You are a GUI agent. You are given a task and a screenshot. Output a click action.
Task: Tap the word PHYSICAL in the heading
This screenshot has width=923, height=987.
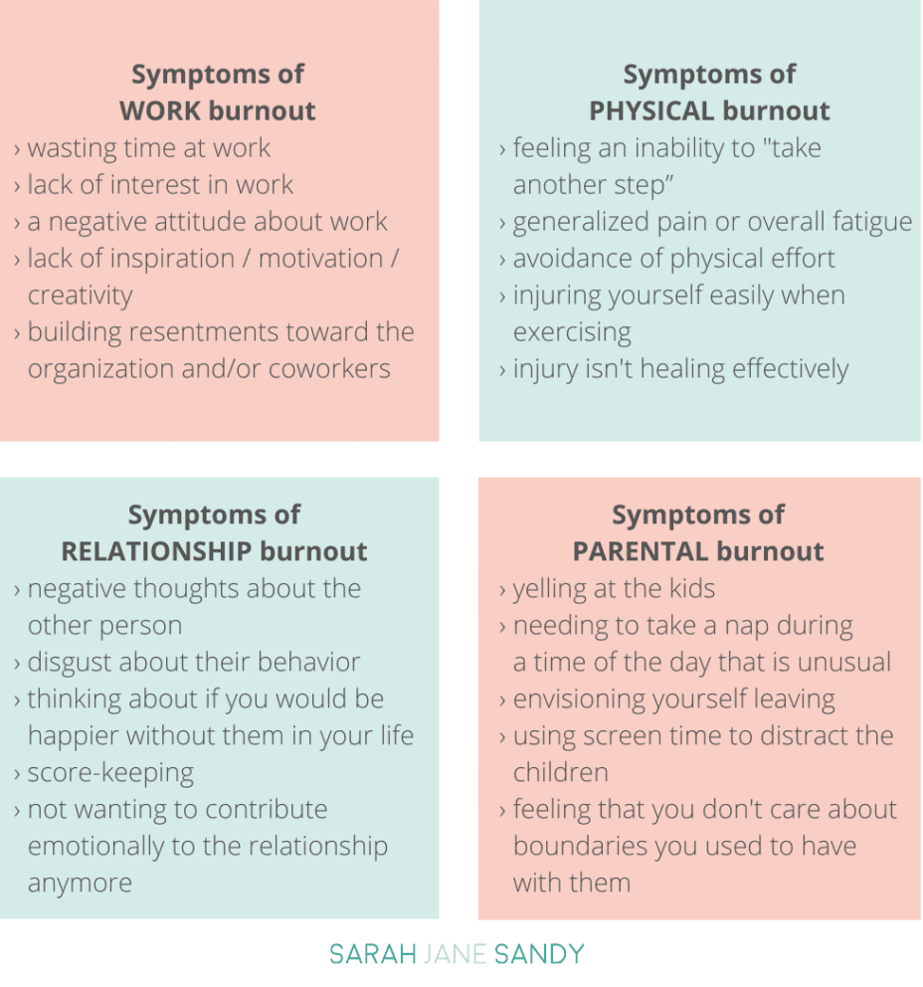pos(649,110)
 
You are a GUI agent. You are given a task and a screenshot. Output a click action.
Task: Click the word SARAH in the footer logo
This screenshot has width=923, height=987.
pos(373,954)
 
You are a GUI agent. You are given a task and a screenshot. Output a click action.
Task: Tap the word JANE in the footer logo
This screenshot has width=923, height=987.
pos(455,954)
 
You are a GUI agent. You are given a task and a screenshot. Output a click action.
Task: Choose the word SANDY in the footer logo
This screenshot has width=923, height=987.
pos(539,954)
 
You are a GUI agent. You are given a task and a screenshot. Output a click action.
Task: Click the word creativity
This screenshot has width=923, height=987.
pos(81,296)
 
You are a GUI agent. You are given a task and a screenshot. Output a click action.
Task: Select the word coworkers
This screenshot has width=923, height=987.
pos(329,369)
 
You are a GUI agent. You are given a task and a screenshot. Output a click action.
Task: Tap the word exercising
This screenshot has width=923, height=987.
pos(572,333)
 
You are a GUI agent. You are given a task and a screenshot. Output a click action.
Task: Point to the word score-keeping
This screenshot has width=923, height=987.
pos(110,774)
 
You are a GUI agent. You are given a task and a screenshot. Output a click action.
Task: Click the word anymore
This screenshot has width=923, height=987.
pos(80,885)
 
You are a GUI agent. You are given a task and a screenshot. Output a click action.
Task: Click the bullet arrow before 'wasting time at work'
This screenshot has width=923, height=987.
pos(17,150)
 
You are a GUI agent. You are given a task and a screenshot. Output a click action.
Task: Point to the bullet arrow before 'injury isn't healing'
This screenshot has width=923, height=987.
pos(502,370)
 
